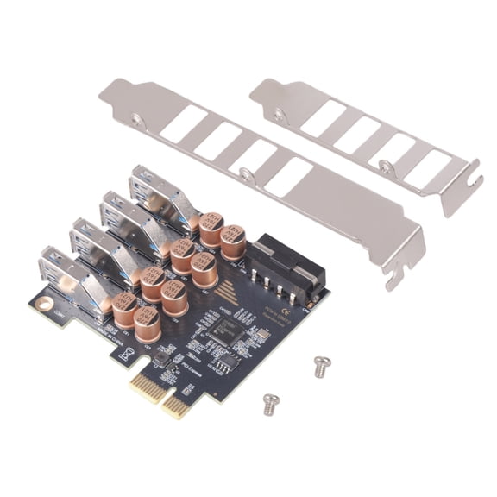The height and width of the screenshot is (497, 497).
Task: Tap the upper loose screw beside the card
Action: click(x=322, y=366)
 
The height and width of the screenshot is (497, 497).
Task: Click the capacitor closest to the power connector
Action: click(x=233, y=241)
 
